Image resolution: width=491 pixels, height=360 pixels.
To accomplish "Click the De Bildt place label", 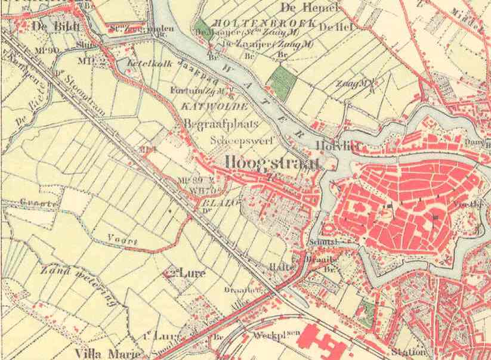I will [x=51, y=26].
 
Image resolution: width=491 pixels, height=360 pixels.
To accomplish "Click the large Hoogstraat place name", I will [x=273, y=163].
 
